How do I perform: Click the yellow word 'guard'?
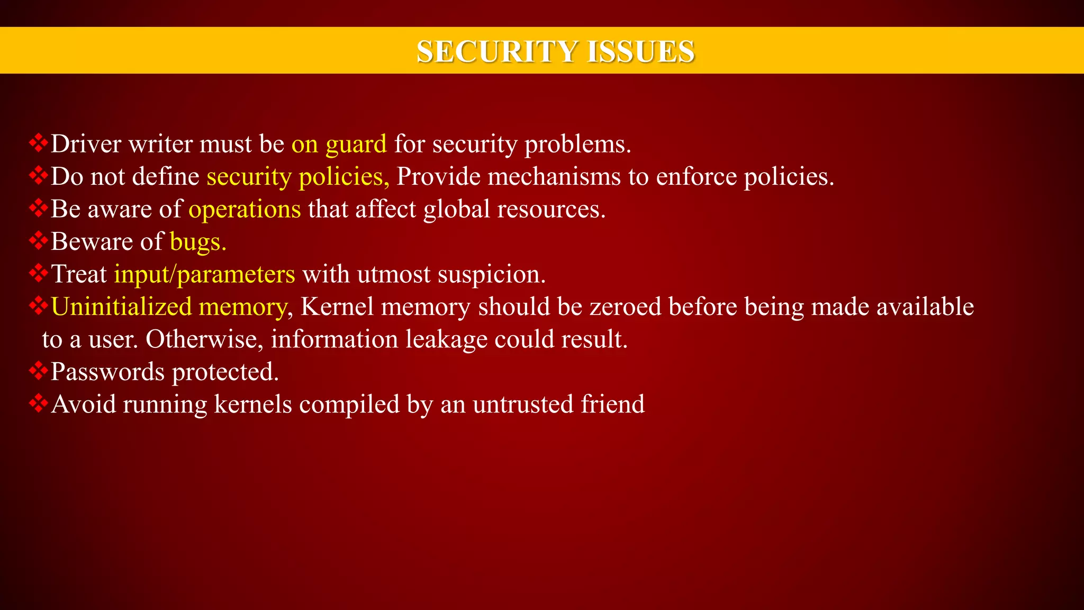(x=356, y=145)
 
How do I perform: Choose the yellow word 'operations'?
(x=245, y=210)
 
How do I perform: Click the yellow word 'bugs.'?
(x=198, y=243)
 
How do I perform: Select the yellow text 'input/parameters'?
(x=204, y=275)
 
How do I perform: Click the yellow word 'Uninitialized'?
(x=121, y=307)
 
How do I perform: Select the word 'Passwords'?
(x=107, y=372)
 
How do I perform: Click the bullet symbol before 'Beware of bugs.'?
(x=38, y=241)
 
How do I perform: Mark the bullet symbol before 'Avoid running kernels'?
(x=38, y=404)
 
